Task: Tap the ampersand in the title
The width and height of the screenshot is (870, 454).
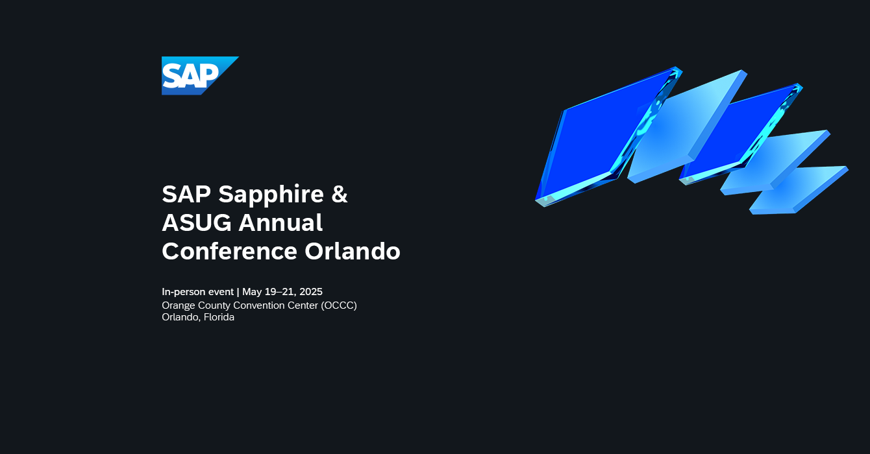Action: pyautogui.click(x=340, y=194)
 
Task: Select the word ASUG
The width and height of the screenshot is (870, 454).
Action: pyautogui.click(x=197, y=222)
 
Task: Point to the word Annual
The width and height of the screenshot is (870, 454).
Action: pyautogui.click(x=281, y=222)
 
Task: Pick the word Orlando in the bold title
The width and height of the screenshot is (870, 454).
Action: pyautogui.click(x=353, y=251)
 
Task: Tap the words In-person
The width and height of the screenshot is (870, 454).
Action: pyautogui.click(x=184, y=292)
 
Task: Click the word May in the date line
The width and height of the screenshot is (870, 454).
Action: pyautogui.click(x=252, y=293)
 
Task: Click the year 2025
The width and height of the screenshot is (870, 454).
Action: pyautogui.click(x=311, y=292)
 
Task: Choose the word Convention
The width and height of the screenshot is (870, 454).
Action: pyautogui.click(x=260, y=305)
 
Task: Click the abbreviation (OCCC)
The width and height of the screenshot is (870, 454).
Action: pyautogui.click(x=339, y=305)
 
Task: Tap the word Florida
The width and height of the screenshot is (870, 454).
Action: pyautogui.click(x=219, y=317)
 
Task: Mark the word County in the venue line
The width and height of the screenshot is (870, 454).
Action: pyautogui.click(x=216, y=305)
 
